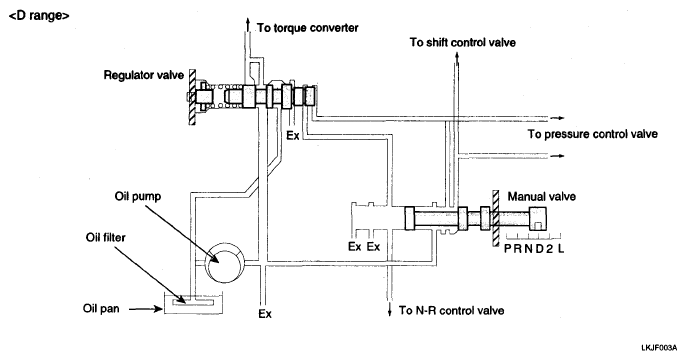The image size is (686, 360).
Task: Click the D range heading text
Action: [39, 16]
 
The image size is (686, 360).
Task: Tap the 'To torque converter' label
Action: [308, 28]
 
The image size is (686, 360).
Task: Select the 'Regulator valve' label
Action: [144, 75]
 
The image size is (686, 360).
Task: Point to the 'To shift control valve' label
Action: [462, 42]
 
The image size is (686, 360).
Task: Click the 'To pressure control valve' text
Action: [592, 134]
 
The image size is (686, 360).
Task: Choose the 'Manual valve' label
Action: [542, 197]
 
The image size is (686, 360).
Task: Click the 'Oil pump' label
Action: [138, 196]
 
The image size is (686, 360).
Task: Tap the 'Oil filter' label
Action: [105, 238]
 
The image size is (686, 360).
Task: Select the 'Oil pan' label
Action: [101, 308]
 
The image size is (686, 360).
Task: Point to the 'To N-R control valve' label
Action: [451, 311]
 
